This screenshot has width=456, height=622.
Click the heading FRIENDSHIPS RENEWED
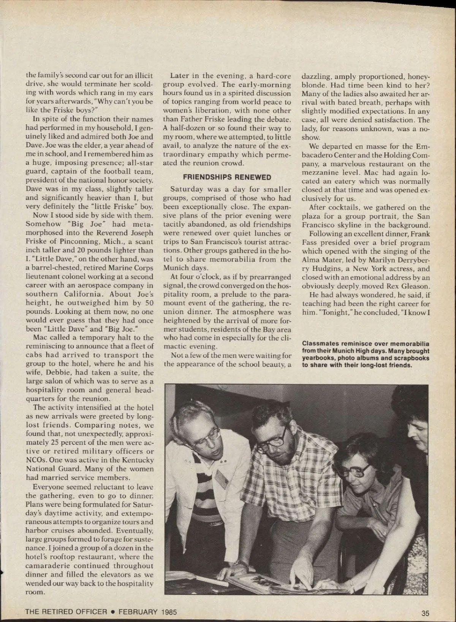227,177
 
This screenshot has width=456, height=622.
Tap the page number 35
425,612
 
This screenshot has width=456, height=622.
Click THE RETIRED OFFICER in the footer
66,612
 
